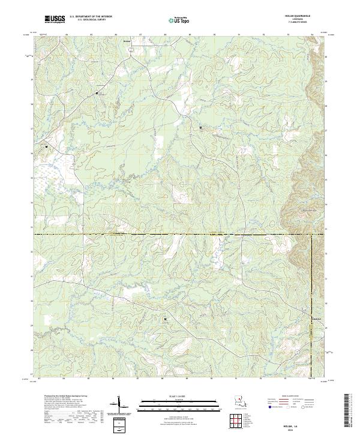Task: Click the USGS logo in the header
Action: tap(54, 19)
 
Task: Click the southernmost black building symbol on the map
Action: tap(164, 319)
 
